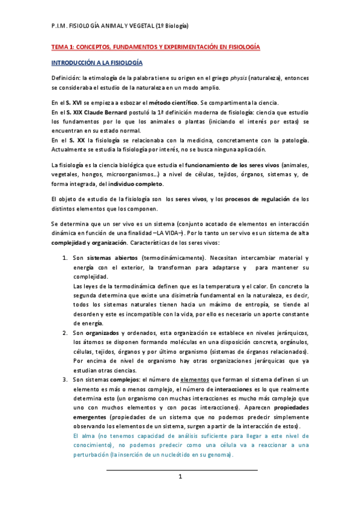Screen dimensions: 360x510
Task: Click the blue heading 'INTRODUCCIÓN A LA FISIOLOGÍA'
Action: click(x=97, y=62)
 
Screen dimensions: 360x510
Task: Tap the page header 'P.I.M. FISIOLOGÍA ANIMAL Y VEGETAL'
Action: click(x=120, y=26)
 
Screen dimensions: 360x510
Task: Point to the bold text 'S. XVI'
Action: click(x=75, y=103)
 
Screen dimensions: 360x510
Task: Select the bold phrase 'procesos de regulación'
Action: click(x=263, y=199)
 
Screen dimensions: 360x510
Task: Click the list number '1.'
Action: click(x=66, y=258)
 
